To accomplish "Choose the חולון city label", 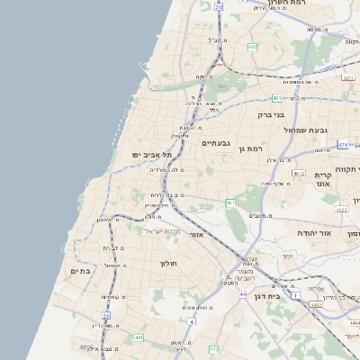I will tap(170, 263).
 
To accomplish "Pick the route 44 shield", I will tap(243, 293).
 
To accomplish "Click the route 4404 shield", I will tap(354, 320).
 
